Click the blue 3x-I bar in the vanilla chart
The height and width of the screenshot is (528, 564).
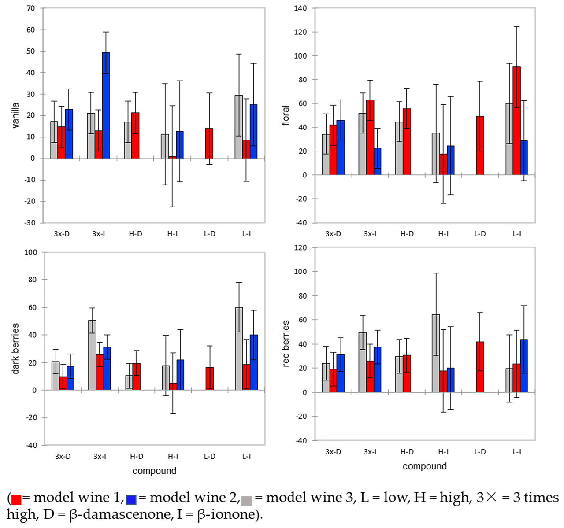point(106,105)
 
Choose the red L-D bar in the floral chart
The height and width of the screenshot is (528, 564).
point(480,145)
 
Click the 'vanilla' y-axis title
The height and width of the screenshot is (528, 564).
point(16,115)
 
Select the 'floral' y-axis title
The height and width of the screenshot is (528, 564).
point(286,115)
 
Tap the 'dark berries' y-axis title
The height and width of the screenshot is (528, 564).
point(16,349)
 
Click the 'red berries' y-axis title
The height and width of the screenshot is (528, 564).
point(286,343)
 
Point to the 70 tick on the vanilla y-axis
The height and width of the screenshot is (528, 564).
point(30,8)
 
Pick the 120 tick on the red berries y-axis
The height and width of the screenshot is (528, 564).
point(301,247)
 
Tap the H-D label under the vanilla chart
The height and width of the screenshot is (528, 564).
point(136,234)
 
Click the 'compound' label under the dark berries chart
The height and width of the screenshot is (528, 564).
point(154,471)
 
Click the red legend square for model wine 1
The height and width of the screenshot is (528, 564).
point(16,499)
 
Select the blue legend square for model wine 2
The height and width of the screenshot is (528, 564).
point(131,499)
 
